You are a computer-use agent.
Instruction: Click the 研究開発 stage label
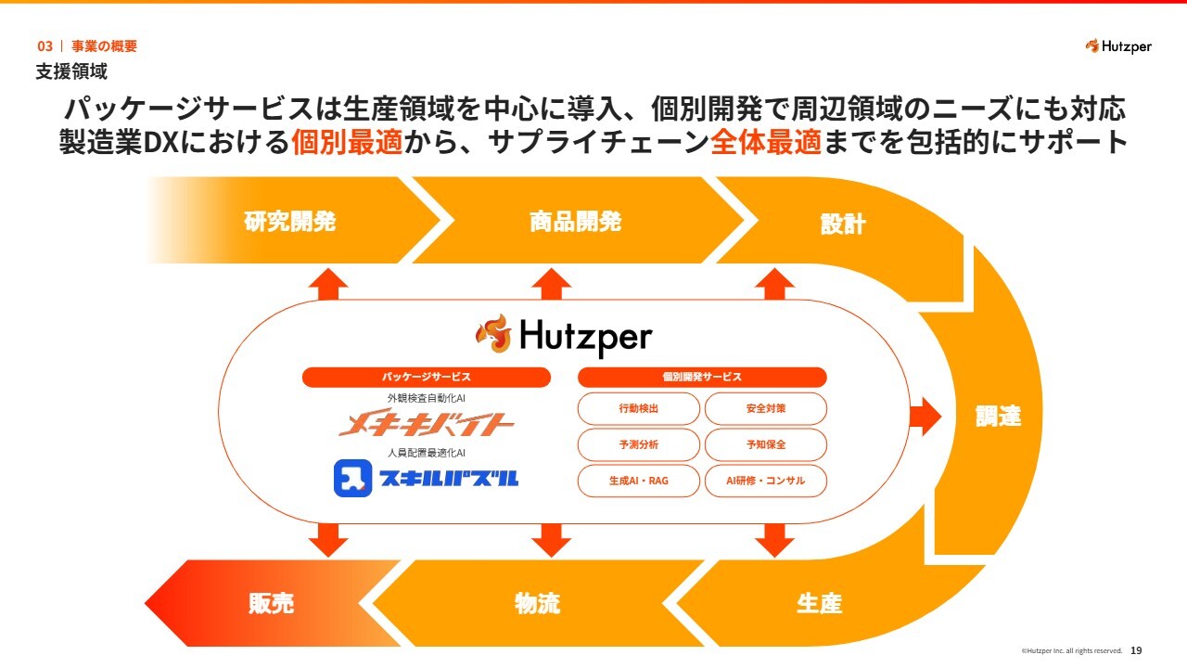click(x=290, y=222)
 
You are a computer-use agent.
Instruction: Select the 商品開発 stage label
click(x=575, y=222)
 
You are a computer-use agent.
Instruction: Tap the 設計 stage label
click(x=843, y=224)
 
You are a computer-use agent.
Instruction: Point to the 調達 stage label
click(x=998, y=417)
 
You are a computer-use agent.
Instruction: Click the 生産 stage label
click(x=819, y=603)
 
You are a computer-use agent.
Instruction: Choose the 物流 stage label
click(x=537, y=603)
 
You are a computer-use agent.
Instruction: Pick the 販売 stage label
click(x=271, y=603)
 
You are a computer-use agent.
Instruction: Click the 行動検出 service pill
click(x=639, y=408)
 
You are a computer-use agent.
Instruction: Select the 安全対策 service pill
click(x=765, y=408)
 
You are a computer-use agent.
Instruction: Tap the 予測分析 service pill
click(x=639, y=444)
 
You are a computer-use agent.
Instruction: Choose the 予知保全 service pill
click(x=765, y=444)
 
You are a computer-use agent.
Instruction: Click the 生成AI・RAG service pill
click(x=639, y=481)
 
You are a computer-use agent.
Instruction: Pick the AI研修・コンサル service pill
click(x=765, y=481)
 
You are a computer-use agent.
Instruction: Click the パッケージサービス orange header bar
click(x=426, y=377)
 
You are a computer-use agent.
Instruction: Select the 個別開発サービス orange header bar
click(x=702, y=377)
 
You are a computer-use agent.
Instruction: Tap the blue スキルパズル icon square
click(x=352, y=478)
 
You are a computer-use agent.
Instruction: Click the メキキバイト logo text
click(x=426, y=425)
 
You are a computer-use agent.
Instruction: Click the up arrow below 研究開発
click(x=327, y=283)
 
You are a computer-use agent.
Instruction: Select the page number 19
click(x=1136, y=651)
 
